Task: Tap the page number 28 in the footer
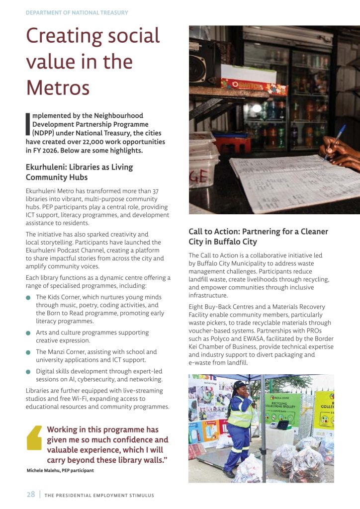coord(31,495)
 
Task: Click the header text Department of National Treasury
coord(77,12)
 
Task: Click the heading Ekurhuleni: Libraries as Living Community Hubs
coord(79,172)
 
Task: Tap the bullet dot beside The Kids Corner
coord(28,298)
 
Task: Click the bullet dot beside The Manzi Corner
coord(28,352)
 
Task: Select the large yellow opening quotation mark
coord(34,438)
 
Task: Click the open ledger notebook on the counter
coord(288,181)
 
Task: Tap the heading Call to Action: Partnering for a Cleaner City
coord(258,237)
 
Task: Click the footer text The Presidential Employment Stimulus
coord(99,495)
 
